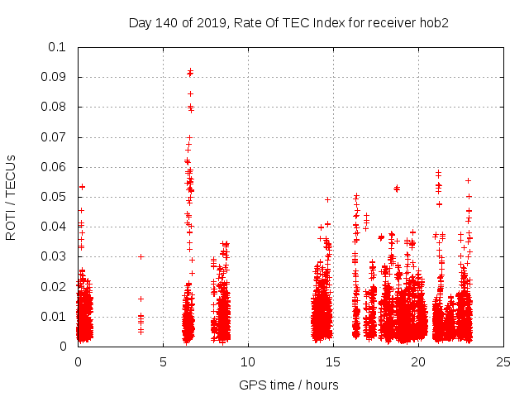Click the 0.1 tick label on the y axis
point(59,47)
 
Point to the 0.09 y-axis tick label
point(55,77)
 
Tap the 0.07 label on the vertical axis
point(55,136)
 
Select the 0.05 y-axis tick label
point(55,197)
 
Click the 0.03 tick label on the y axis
point(55,256)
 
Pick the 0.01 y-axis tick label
point(55,316)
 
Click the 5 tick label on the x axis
point(163,361)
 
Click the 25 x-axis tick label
point(503,361)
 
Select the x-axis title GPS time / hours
point(290,385)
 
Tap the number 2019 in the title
point(212,23)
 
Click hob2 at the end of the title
point(434,23)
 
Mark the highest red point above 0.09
point(190,71)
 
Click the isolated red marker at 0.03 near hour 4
point(141,256)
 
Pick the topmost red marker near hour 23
point(468,180)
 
